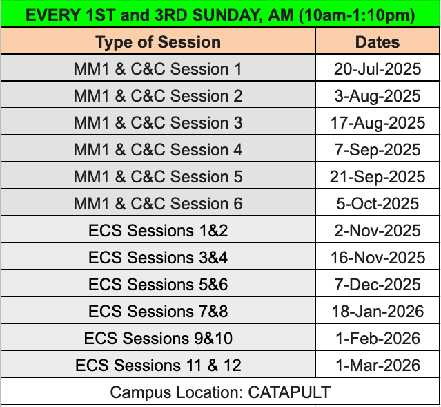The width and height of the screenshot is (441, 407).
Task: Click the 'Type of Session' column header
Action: point(158,42)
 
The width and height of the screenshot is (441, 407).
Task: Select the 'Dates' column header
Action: point(378,42)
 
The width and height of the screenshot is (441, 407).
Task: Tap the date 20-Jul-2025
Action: point(378,69)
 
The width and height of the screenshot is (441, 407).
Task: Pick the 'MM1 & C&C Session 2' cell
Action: point(158,96)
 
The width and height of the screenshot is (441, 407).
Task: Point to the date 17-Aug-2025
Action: point(378,123)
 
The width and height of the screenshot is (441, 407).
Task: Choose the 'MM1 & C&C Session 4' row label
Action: point(158,149)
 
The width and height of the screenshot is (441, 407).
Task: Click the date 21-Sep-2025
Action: point(378,177)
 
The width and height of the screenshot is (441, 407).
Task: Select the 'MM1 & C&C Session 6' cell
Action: point(158,203)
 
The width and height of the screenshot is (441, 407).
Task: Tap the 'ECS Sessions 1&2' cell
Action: point(158,230)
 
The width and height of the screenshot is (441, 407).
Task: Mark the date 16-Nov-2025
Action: point(378,258)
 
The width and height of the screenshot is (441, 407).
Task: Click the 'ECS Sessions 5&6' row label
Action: point(158,284)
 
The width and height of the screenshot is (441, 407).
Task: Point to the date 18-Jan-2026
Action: point(378,311)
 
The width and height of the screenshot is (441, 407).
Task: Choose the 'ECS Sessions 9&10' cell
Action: point(158,338)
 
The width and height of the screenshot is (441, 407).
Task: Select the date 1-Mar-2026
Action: point(378,365)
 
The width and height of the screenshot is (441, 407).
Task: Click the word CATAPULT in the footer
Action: point(289,392)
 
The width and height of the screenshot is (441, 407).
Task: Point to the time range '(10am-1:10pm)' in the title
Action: point(357,15)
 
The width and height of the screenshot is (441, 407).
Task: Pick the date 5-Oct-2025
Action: point(378,203)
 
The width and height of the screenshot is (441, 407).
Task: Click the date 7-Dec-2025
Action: point(378,284)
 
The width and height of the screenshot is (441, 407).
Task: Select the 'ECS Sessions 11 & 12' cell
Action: point(158,365)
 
